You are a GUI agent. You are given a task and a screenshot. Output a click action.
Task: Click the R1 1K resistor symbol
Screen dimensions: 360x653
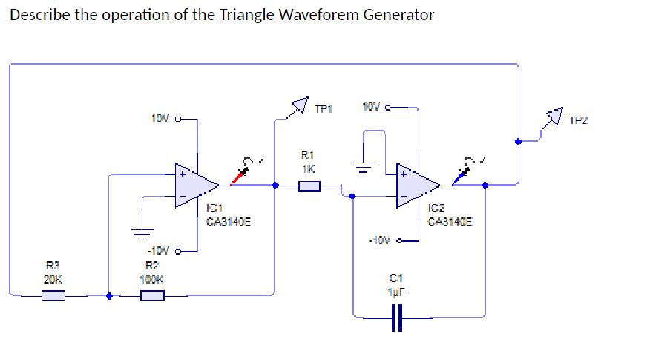pyautogui.click(x=309, y=186)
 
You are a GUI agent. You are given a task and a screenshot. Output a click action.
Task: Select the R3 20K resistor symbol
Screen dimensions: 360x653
pyautogui.click(x=53, y=296)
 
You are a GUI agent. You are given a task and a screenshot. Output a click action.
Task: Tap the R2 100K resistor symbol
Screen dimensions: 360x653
pyautogui.click(x=152, y=296)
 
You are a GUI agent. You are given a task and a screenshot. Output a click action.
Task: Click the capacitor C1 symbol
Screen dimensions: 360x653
pyautogui.click(x=398, y=318)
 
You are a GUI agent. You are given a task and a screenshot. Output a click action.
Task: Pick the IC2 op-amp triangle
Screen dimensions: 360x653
pyautogui.click(x=416, y=186)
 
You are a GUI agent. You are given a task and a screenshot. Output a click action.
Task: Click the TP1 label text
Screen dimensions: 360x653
pyautogui.click(x=323, y=109)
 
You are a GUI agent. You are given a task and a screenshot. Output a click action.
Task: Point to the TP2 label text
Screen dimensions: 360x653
pyautogui.click(x=577, y=120)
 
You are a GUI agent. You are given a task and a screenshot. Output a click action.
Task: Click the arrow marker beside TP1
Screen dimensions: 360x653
pyautogui.click(x=299, y=105)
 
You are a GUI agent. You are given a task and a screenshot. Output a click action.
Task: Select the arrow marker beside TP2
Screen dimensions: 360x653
pyautogui.click(x=554, y=116)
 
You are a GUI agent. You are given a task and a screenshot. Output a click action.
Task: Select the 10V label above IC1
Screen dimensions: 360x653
pyautogui.click(x=160, y=117)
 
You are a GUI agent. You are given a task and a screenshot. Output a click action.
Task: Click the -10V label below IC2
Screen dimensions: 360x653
pyautogui.click(x=378, y=240)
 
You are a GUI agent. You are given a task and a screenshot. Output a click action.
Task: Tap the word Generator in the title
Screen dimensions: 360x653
pyautogui.click(x=398, y=15)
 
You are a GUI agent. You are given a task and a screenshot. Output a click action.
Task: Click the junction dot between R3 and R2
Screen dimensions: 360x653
pyautogui.click(x=109, y=295)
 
